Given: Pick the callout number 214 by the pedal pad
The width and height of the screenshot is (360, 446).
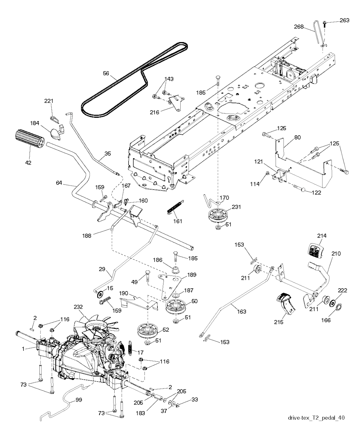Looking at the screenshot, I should click(322, 236).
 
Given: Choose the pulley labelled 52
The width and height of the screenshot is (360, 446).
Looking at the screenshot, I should click(148, 329).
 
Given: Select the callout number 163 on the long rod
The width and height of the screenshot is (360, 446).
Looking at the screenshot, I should click(241, 311).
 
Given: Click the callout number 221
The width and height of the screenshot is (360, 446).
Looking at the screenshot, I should click(49, 101).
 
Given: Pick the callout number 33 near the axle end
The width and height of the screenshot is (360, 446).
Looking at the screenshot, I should click(194, 400).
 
